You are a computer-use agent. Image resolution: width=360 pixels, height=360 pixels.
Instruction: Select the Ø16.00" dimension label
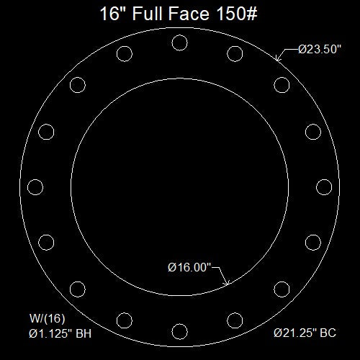(x=189, y=267)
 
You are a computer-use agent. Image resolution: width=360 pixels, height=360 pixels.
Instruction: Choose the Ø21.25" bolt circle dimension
(x=295, y=333)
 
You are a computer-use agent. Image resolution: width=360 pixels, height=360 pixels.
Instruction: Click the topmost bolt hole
(x=179, y=42)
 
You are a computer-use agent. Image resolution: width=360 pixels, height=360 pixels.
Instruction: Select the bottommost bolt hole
(x=179, y=332)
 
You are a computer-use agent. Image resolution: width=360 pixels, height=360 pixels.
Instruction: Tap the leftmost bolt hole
(x=35, y=187)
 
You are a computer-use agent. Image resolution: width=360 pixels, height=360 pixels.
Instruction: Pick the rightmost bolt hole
(x=324, y=187)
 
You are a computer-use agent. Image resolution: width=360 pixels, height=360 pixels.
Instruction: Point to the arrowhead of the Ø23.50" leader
(x=276, y=58)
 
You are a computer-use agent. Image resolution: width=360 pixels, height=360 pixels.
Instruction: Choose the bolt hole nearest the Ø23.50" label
(x=282, y=85)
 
